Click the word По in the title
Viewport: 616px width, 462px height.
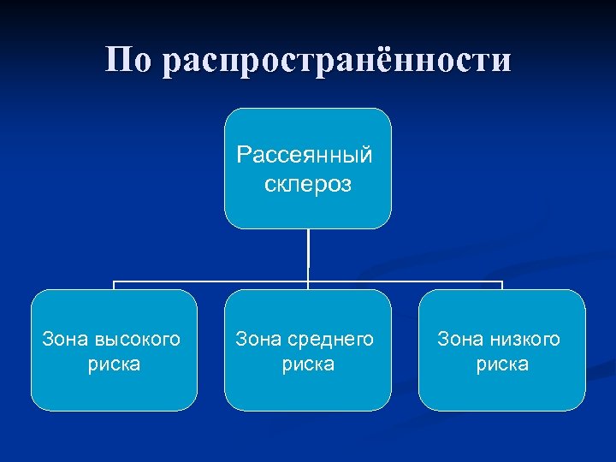127,60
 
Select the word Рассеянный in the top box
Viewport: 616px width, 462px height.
306,156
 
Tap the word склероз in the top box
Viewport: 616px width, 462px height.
308,184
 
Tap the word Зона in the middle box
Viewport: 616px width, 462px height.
257,340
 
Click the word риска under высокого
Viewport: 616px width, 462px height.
114,364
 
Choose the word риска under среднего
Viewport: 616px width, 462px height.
308,364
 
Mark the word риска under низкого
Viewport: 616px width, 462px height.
502,364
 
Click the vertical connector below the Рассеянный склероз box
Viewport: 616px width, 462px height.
308,254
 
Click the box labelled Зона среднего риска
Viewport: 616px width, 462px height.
308,394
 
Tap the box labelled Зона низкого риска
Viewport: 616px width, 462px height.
502,394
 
